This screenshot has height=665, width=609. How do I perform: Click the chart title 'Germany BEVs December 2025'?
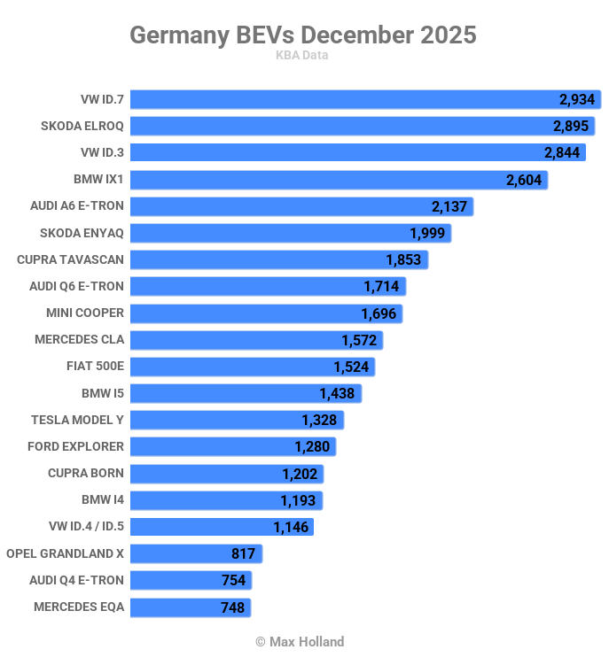tap(303, 35)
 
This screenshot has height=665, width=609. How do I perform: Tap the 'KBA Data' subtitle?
tap(303, 55)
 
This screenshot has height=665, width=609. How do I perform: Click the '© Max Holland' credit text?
tap(300, 641)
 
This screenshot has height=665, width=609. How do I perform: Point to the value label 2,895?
tap(571, 126)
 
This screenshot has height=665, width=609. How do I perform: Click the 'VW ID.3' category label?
tap(102, 152)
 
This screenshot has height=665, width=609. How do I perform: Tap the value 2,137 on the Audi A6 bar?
tap(449, 206)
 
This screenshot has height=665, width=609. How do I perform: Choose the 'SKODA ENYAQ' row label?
tap(82, 233)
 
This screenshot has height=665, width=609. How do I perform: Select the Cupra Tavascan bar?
tap(278, 259)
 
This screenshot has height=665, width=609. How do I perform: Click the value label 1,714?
tap(382, 286)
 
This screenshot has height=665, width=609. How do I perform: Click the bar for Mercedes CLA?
tap(256, 340)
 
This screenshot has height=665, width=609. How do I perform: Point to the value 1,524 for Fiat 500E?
tap(351, 367)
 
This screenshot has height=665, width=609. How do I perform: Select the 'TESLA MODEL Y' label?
tap(77, 420)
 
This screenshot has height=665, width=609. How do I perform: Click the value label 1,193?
tap(299, 500)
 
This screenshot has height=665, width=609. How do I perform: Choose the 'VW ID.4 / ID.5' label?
tap(87, 527)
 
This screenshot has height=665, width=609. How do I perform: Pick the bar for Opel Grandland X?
tap(196, 553)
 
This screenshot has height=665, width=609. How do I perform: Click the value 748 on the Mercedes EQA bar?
tap(233, 607)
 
